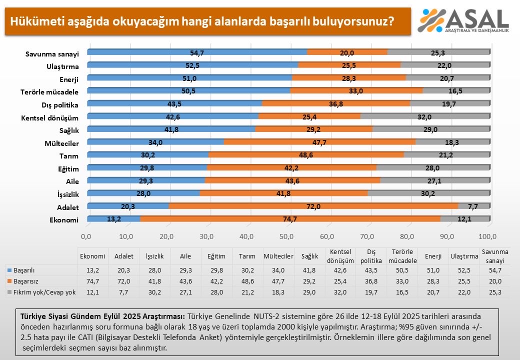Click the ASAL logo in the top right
click(463, 20)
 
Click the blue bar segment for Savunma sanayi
click(197, 51)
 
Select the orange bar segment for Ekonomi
click(290, 218)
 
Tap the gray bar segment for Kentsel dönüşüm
click(424, 116)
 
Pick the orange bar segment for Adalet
click(314, 205)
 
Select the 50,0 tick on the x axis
click(287, 235)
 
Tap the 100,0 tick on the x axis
click(487, 235)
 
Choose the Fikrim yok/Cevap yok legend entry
click(42, 292)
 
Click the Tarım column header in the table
click(247, 256)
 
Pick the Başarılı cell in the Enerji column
click(432, 270)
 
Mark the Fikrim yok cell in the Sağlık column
click(309, 292)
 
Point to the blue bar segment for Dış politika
click(175, 103)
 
